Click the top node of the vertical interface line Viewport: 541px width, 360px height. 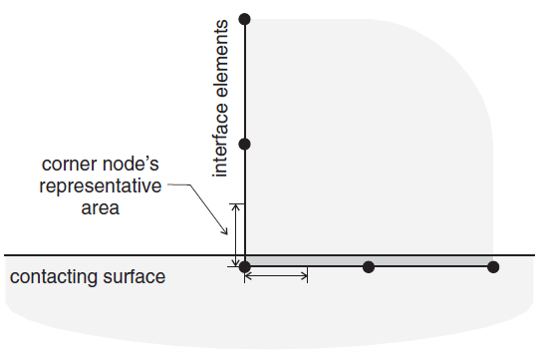(x=245, y=19)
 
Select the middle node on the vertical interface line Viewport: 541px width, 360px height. (x=245, y=144)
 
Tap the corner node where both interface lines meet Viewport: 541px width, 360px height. (x=245, y=266)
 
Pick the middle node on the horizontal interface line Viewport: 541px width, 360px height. (x=369, y=266)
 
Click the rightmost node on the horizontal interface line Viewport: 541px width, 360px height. (x=493, y=266)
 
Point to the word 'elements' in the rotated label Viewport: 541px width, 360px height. (x=220, y=59)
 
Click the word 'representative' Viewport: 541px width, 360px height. (x=101, y=186)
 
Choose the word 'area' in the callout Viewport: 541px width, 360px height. (x=101, y=208)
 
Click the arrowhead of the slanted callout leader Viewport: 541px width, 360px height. (x=225, y=231)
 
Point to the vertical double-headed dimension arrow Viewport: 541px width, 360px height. (x=236, y=235)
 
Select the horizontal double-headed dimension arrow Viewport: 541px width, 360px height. (x=276, y=275)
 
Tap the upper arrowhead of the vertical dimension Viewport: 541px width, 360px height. (x=236, y=207)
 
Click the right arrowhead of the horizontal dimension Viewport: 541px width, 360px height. (x=304, y=275)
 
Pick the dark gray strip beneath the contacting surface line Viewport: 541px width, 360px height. (x=369, y=260)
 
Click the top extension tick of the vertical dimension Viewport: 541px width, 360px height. (x=237, y=203)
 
